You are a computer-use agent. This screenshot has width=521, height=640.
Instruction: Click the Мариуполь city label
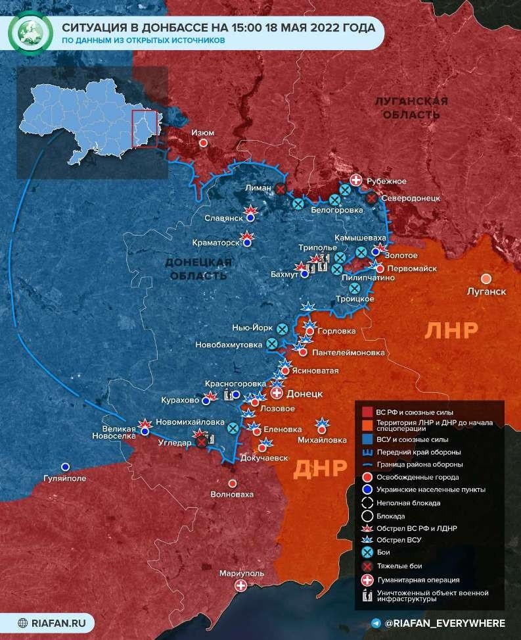click(x=241, y=573)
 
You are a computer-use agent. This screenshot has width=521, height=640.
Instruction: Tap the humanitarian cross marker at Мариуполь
click(x=242, y=585)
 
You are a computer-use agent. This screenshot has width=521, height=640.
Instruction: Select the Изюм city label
click(x=202, y=132)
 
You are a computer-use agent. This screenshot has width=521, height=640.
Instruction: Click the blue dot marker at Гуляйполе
click(x=64, y=466)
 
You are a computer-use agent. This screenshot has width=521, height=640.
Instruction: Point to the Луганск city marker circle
click(x=486, y=278)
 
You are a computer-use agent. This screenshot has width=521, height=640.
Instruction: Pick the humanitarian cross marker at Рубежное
click(x=355, y=180)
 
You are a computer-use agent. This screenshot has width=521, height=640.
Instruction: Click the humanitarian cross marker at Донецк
click(x=277, y=393)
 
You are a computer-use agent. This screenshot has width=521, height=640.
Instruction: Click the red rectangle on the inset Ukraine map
click(x=145, y=129)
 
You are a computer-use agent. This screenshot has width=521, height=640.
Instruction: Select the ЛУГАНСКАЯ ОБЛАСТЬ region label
click(x=411, y=108)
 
